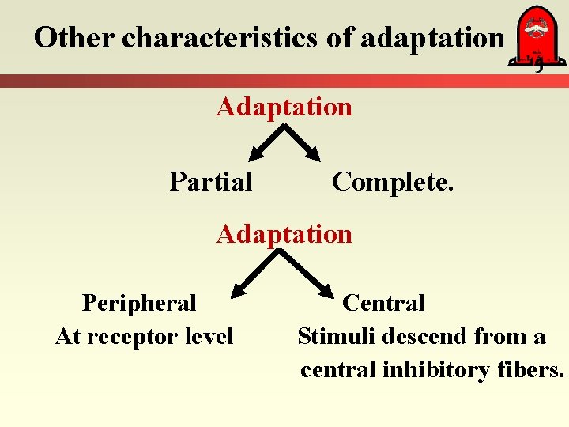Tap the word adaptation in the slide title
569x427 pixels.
431,37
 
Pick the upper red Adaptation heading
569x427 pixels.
284,106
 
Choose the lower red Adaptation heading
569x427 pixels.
284,234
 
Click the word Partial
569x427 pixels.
211,182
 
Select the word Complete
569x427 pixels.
393,182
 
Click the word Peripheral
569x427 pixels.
139,303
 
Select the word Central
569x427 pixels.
384,303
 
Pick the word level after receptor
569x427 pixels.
209,337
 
